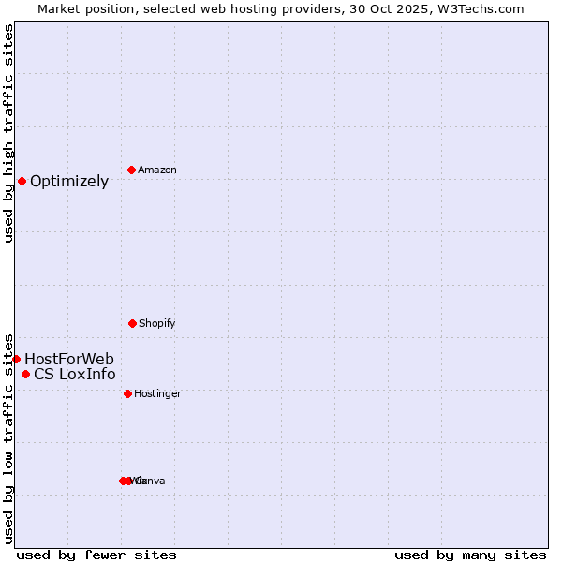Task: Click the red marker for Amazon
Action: [x=132, y=170]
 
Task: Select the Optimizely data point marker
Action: [x=22, y=181]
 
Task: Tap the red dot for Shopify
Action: [x=132, y=323]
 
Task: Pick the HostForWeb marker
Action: [x=16, y=359]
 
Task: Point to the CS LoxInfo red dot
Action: [x=25, y=375]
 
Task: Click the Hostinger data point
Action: [x=127, y=393]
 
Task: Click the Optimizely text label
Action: [x=69, y=182]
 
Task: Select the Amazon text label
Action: [x=157, y=170]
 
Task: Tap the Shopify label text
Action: [x=157, y=324]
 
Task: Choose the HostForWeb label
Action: [x=69, y=360]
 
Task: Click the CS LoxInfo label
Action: [x=75, y=376]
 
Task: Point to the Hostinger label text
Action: [x=157, y=394]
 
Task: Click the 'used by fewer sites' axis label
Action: [x=96, y=555]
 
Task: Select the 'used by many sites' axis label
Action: [x=470, y=555]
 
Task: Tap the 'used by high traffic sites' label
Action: [x=8, y=133]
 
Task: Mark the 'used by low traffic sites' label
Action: [x=8, y=438]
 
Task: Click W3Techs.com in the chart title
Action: [x=484, y=8]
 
